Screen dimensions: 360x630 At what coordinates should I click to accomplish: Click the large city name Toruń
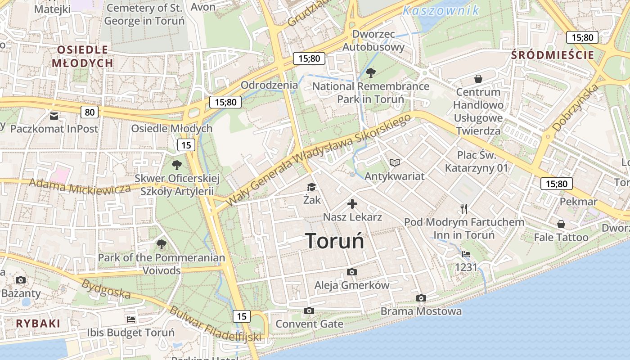[334, 241]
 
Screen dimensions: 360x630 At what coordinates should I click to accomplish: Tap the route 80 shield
[90, 112]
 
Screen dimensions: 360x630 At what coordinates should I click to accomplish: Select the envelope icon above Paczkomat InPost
[54, 117]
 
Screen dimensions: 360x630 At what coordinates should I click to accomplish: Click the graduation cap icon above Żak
[311, 187]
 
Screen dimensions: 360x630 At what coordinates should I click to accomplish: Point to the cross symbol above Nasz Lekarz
[352, 204]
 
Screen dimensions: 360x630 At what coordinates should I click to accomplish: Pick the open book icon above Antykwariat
[394, 162]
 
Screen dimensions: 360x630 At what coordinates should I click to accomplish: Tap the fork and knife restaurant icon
[464, 208]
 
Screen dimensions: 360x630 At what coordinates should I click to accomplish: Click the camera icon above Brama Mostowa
[421, 298]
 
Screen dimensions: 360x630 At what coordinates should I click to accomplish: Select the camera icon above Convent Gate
[309, 310]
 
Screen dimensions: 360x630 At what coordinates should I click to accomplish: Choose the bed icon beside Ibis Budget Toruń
[131, 319]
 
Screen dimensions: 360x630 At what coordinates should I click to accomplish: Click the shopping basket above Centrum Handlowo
[478, 79]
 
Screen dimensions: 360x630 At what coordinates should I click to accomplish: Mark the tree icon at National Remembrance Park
[371, 72]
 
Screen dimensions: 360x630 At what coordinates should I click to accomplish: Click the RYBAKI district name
[38, 323]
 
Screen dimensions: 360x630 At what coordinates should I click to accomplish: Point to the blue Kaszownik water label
[441, 10]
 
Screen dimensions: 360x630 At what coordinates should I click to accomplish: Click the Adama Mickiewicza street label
[80, 186]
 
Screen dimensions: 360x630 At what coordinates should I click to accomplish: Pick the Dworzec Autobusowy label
[373, 40]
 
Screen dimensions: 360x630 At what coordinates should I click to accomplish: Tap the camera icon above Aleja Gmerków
[352, 272]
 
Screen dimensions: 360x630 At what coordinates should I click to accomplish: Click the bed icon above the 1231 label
[466, 254]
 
